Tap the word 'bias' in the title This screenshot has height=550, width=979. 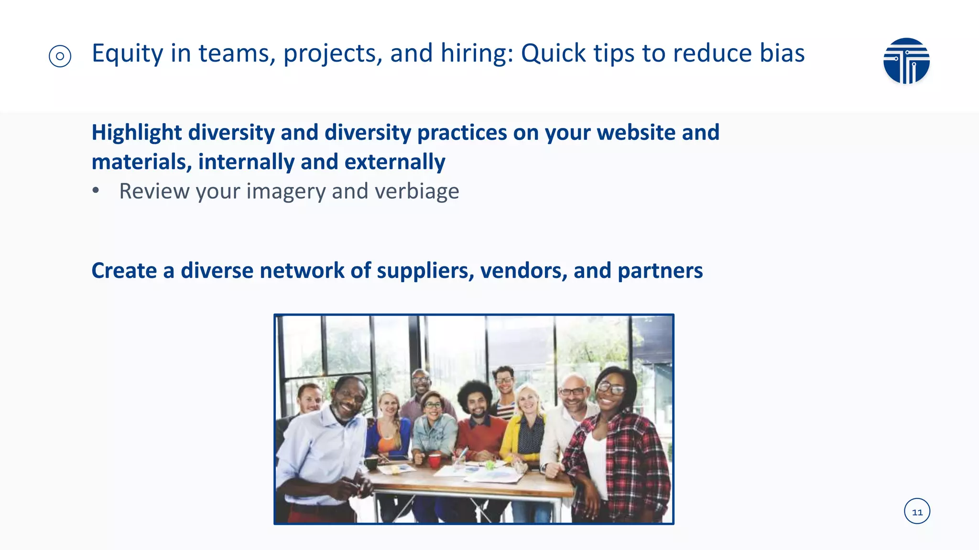(782, 53)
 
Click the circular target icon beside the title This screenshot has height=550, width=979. (60, 56)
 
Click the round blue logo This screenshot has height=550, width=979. (906, 61)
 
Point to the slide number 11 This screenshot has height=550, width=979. (917, 512)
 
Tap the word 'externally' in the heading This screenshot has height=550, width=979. (395, 162)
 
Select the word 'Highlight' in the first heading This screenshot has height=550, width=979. (137, 133)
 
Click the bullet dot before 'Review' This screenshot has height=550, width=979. (96, 190)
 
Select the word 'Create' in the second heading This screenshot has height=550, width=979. (124, 271)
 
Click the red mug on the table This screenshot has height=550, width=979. (435, 460)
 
